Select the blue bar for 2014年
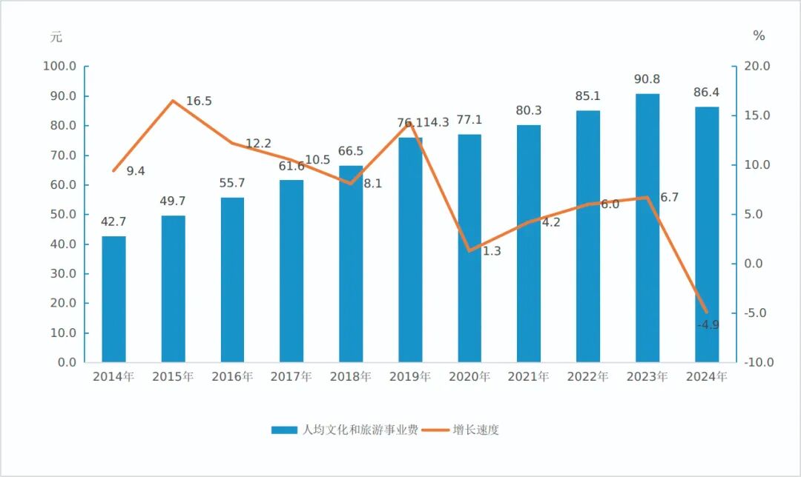pyautogui.click(x=113, y=299)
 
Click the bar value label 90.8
pyautogui.click(x=647, y=79)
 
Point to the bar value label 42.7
pyautogui.click(x=113, y=221)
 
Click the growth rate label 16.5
pyautogui.click(x=199, y=101)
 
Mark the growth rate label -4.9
pyautogui.click(x=708, y=324)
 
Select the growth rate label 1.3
pyautogui.click(x=492, y=251)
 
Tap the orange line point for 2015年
pyautogui.click(x=173, y=101)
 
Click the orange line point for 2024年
pyautogui.click(x=707, y=312)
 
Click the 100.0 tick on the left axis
pyautogui.click(x=60, y=67)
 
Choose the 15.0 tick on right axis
pyautogui.click(x=757, y=116)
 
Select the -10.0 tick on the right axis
pyautogui.click(x=758, y=363)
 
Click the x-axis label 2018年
pyautogui.click(x=351, y=377)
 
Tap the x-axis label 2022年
pyautogui.click(x=588, y=377)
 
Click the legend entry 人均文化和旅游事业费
pyautogui.click(x=344, y=430)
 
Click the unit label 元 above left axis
pyautogui.click(x=56, y=36)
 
